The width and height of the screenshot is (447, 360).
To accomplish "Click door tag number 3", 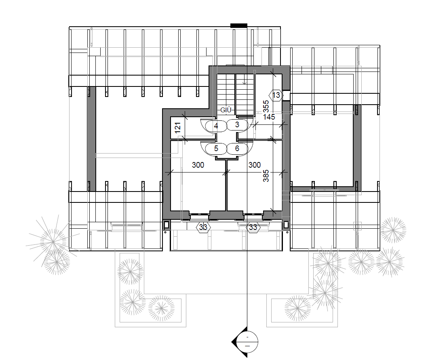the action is click(237, 125).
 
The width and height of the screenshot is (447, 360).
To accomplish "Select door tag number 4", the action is click(216, 125).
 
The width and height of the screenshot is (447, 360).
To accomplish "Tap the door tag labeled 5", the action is click(216, 149).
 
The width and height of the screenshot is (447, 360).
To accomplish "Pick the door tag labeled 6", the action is click(237, 149).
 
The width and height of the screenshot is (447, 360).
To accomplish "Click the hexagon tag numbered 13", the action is click(276, 95).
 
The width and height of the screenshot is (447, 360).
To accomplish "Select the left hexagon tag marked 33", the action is click(203, 227).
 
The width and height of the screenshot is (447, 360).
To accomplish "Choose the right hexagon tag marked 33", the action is click(253, 227).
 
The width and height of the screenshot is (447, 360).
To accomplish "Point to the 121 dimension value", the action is click(177, 128).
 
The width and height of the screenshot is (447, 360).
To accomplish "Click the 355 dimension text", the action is click(266, 106).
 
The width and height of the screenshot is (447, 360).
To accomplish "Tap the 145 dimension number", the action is click(269, 117).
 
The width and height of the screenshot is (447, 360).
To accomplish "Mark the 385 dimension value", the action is click(266, 176).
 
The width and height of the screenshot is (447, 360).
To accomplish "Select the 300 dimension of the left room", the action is click(198, 165).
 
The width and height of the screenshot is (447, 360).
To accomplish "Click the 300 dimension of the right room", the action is click(255, 165).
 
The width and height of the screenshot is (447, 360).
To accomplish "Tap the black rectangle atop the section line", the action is click(238, 25).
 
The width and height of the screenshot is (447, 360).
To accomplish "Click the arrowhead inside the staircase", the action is click(244, 83).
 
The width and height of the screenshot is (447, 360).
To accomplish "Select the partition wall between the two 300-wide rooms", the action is click(226, 185).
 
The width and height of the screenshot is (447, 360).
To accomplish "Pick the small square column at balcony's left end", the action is click(167, 225).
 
